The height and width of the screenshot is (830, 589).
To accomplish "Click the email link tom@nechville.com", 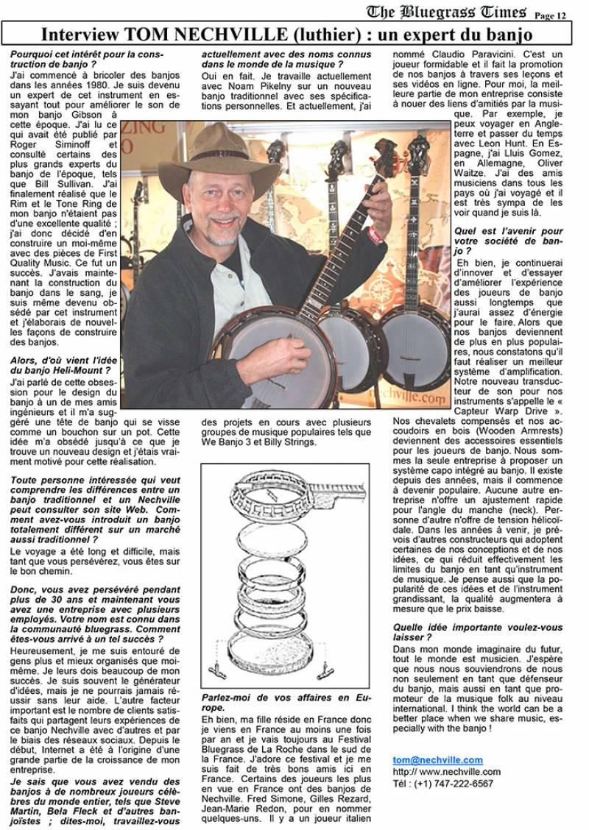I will pos(438,759).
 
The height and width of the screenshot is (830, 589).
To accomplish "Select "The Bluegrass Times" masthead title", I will pos(447,11).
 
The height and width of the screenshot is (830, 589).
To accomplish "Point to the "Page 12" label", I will pos(550,15).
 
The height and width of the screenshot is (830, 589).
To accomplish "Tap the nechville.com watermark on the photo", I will pos(417,398).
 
